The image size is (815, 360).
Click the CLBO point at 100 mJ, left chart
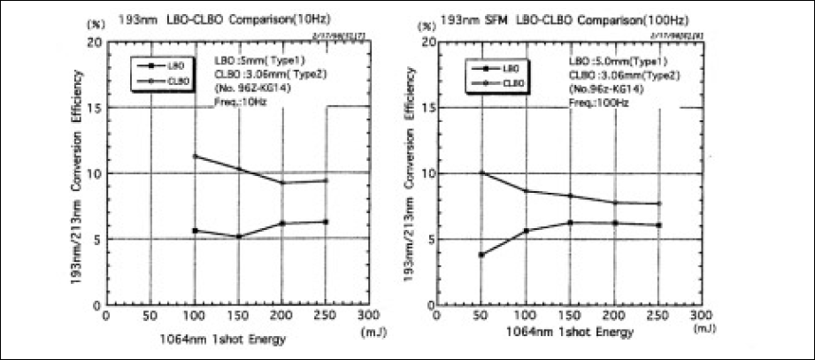[x=195, y=157]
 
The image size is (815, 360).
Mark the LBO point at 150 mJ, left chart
[x=239, y=236]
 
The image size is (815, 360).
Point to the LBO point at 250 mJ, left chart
[x=327, y=221]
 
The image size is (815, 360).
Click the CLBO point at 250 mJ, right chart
[x=658, y=203]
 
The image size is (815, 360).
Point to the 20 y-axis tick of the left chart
[x=92, y=42]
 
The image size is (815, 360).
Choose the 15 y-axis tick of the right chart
[x=425, y=107]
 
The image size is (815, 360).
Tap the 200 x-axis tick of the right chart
[x=614, y=315]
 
